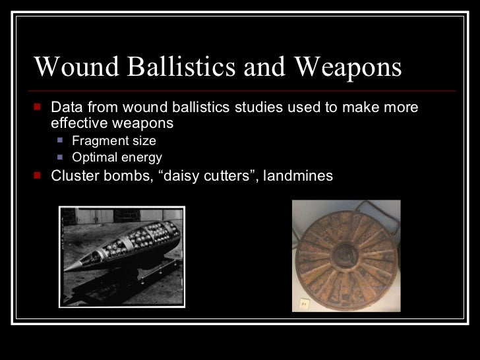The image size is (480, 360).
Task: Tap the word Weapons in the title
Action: pos(347,67)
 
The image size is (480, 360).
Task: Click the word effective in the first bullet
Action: pos(78,123)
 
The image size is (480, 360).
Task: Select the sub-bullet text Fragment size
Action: pos(113,140)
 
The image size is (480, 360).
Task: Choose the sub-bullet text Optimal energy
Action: pos(116,158)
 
